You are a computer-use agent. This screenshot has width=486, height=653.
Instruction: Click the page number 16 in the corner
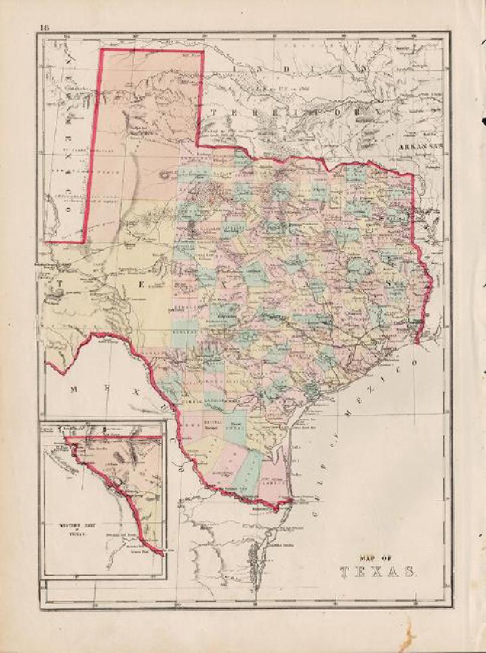[x=44, y=27]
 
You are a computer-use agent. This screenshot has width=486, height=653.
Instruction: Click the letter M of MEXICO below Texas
[x=73, y=389]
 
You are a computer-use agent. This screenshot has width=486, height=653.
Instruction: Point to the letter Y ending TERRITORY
[x=375, y=111]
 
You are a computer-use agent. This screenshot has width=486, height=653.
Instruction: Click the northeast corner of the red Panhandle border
[x=204, y=51]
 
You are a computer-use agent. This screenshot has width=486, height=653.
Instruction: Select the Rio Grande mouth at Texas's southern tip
[x=290, y=503]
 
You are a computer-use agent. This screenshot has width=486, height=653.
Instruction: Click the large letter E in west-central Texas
[x=141, y=284]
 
